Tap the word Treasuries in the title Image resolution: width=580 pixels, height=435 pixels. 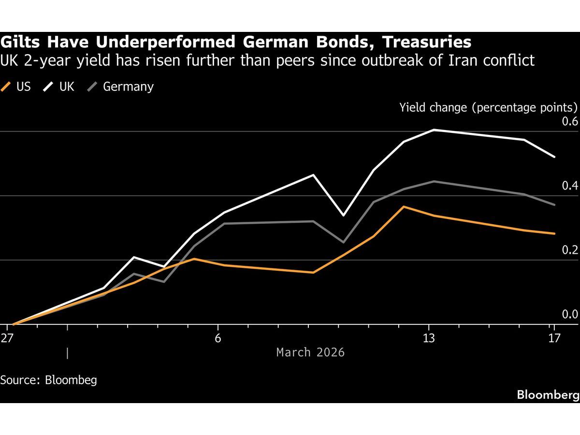pos(426,43)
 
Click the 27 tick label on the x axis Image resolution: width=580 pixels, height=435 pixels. pos(7,338)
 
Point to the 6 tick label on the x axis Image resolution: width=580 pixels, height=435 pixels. pos(218,338)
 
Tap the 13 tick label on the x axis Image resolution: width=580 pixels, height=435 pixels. pos(429,338)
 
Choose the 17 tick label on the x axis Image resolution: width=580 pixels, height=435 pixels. pos(554,338)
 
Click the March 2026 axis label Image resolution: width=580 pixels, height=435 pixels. pos(310,352)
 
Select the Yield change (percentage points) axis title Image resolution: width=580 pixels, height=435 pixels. pos(489,107)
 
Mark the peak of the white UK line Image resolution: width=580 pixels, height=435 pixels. pos(434,130)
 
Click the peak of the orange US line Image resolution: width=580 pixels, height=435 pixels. pos(404,207)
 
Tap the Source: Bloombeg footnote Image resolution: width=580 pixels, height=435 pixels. pos(48,380)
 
